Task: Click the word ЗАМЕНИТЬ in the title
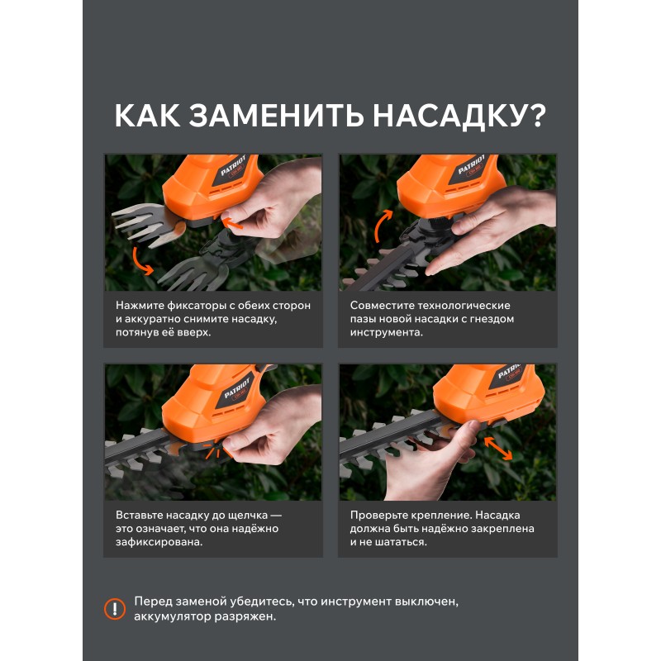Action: click(276, 116)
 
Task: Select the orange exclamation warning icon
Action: click(115, 609)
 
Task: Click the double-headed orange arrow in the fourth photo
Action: click(498, 449)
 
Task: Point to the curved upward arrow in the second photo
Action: click(381, 226)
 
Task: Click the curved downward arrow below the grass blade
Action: click(141, 262)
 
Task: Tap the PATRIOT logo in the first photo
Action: click(233, 166)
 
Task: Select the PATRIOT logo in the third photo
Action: click(237, 388)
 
